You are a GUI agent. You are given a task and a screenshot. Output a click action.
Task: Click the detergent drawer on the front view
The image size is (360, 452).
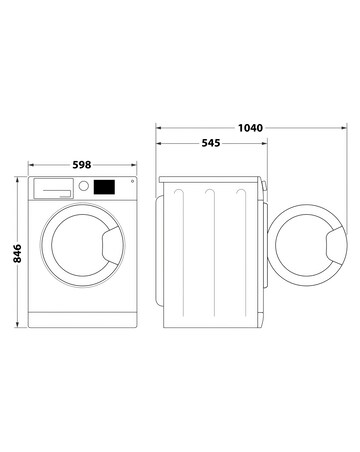click(54, 186)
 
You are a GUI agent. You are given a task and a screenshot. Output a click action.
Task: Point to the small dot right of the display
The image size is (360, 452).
click(130, 181)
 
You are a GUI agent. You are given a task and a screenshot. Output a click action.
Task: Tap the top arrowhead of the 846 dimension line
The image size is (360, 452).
click(19, 179)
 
